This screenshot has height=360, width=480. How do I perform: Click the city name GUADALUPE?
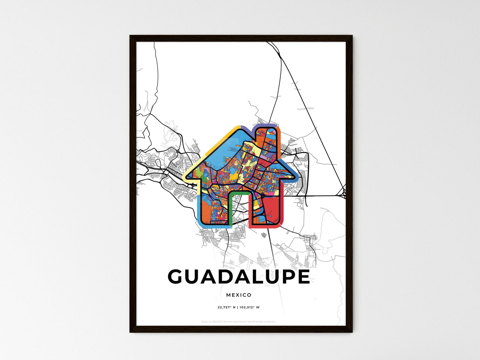tap(239, 277)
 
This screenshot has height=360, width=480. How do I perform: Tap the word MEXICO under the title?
tap(239, 295)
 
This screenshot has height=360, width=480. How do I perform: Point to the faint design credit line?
tap(239, 321)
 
